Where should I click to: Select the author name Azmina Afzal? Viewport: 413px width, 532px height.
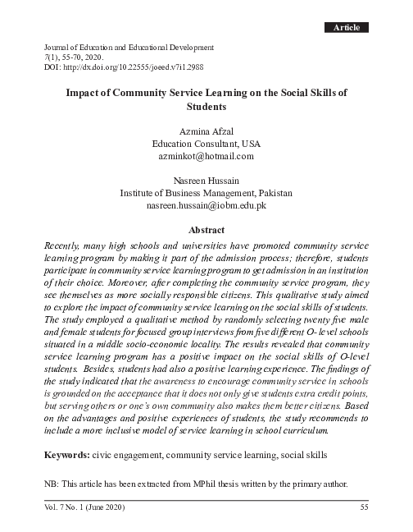[206, 130]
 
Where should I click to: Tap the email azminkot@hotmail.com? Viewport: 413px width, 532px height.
[206, 155]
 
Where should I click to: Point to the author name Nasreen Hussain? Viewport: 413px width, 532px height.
[206, 180]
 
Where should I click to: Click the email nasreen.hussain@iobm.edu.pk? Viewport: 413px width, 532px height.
[206, 205]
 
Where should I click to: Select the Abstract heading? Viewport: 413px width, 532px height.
[206, 231]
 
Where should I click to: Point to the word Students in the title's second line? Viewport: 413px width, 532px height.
[206, 107]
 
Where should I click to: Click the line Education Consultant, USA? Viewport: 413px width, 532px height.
[206, 143]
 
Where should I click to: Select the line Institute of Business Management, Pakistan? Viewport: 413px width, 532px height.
[206, 193]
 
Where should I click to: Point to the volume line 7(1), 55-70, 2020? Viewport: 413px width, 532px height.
[74, 59]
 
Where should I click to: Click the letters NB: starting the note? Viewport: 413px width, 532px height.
[54, 483]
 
